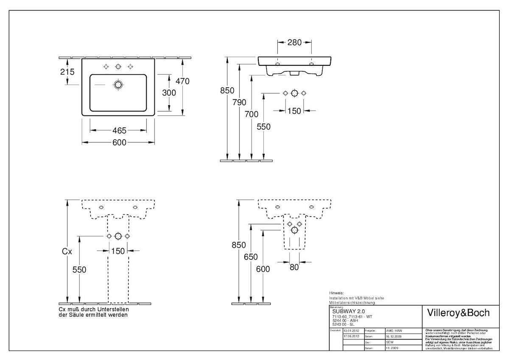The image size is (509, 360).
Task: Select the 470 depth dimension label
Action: pos(183,81)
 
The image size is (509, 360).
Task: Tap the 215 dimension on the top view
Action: pos(67,72)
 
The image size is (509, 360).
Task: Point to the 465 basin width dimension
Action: pos(119,131)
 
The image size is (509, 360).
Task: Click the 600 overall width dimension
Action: pos(119,142)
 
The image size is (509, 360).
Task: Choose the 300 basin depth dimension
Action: pos(169,92)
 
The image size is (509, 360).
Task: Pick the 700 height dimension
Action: pos(252,114)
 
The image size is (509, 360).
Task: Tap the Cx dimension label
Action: pos(67,251)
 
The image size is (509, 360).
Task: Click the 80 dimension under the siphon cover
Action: pos(294,267)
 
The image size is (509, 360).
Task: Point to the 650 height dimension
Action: pos(251,257)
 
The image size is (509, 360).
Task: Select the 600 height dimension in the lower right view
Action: pos(263,269)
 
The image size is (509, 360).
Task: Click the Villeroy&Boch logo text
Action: pos(457,313)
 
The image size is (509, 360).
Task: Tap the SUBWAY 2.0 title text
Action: pos(346,311)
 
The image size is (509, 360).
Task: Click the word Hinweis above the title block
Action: pos(336,293)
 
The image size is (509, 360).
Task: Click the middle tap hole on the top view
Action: pos(118,66)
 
